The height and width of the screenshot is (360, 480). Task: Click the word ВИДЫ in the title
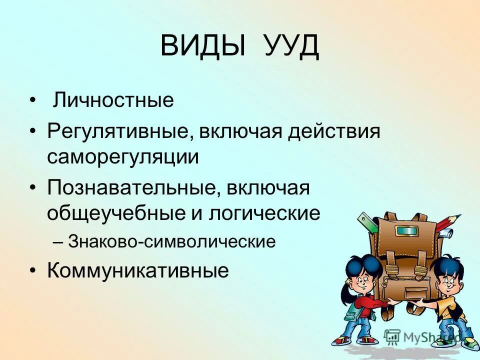(x=203, y=46)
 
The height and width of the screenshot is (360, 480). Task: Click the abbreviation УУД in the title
(x=290, y=46)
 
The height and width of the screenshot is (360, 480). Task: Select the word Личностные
(x=114, y=100)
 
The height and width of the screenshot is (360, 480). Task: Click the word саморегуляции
(x=123, y=157)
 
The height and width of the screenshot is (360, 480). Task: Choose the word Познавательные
(x=132, y=189)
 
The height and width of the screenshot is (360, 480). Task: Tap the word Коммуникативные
(x=138, y=270)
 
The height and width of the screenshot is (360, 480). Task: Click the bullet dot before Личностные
(x=32, y=101)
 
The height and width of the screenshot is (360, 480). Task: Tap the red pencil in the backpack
(x=448, y=222)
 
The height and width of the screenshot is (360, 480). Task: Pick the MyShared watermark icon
(x=393, y=336)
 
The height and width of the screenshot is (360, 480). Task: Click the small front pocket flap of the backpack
(x=406, y=292)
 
